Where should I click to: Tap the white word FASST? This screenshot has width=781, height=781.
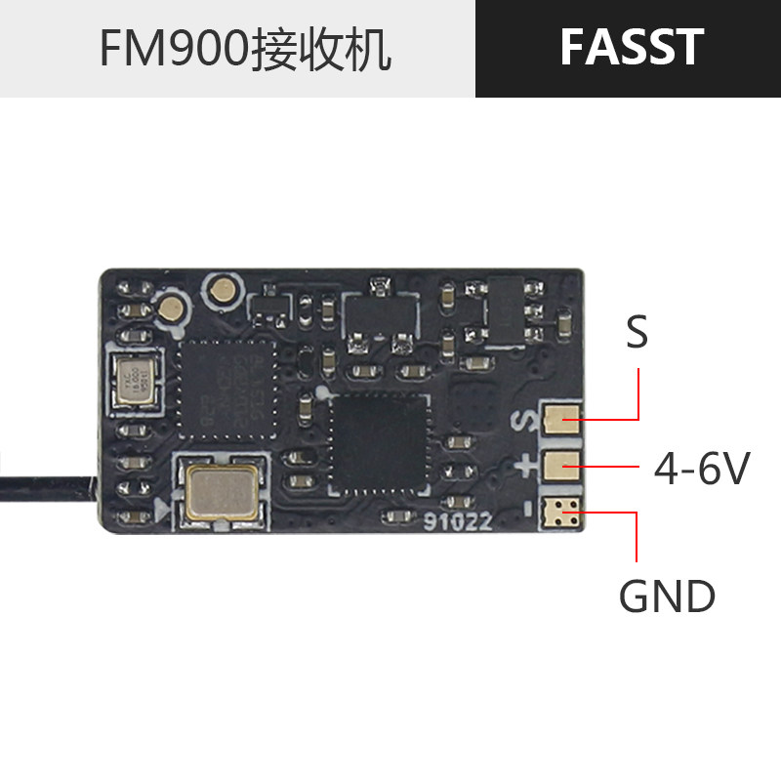pos(631,48)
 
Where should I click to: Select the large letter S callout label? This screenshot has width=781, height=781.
pos(637,333)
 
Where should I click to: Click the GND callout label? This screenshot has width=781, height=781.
pos(667,596)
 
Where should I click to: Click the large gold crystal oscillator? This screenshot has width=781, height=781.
pos(223,489)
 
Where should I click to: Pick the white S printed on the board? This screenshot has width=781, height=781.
pos(526,422)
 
